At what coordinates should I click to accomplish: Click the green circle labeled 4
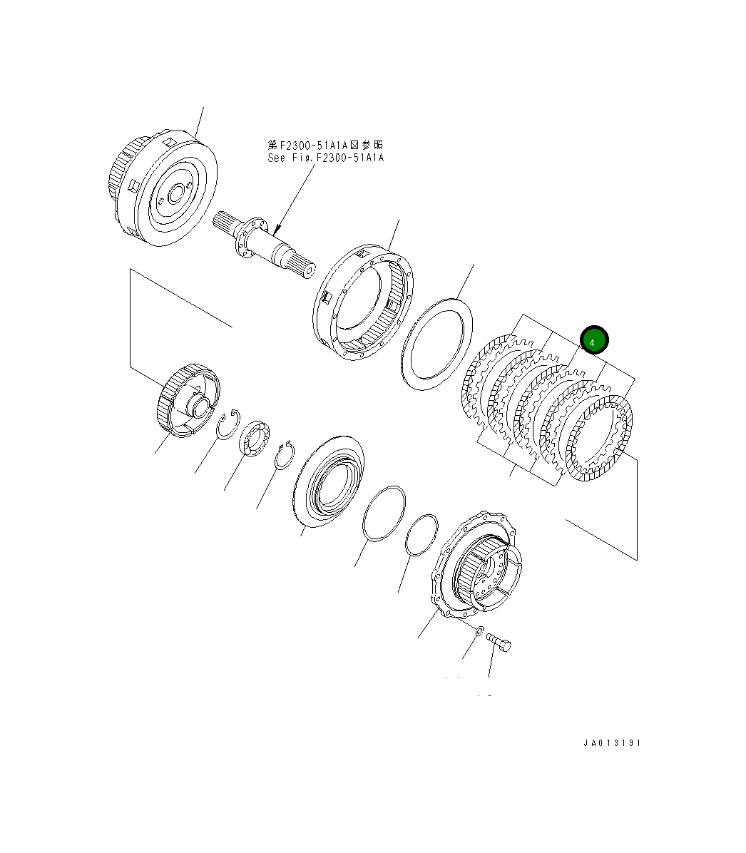pos(593,341)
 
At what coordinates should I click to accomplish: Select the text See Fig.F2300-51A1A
pos(325,158)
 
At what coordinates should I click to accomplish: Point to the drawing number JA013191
pos(612,743)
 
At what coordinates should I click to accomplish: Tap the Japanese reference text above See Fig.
pos(325,145)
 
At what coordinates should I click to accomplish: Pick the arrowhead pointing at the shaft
pos(277,230)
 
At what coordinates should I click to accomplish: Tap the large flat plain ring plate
pos(437,344)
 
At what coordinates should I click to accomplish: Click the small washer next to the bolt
pos(479,630)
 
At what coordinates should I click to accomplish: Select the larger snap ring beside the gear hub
pos(229,425)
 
